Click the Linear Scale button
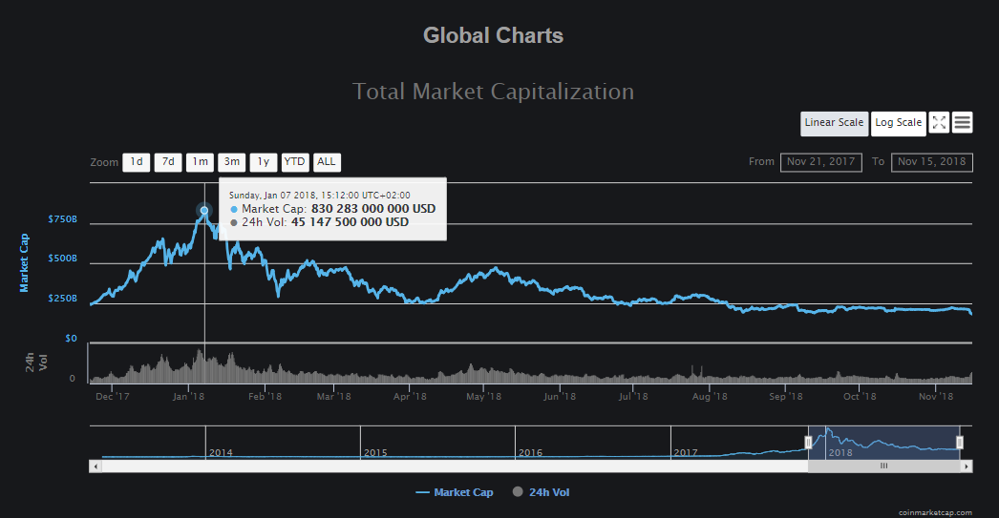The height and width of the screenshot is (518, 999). (x=834, y=122)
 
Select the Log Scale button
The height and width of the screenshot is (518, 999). (x=898, y=122)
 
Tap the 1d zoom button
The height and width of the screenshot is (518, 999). (x=137, y=162)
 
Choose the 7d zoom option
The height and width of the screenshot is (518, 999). (x=168, y=162)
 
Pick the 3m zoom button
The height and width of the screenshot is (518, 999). (x=231, y=162)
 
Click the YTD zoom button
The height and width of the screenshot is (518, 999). (x=294, y=162)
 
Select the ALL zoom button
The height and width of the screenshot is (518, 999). (x=327, y=162)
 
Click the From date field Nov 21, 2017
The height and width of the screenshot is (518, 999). (x=821, y=162)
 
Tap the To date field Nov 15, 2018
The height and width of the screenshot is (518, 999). (x=932, y=162)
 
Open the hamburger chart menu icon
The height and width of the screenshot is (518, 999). (x=963, y=122)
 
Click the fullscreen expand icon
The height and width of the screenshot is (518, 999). (x=939, y=122)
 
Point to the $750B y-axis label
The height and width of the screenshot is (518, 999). (x=63, y=219)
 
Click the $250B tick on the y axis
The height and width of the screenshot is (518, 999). (x=63, y=299)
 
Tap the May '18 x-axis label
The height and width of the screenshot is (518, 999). (x=484, y=397)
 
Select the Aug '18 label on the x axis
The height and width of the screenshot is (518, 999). (x=710, y=397)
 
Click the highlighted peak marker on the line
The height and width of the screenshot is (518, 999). (x=204, y=211)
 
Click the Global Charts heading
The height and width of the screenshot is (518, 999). (x=493, y=36)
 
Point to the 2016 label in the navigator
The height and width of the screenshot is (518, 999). (x=530, y=453)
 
